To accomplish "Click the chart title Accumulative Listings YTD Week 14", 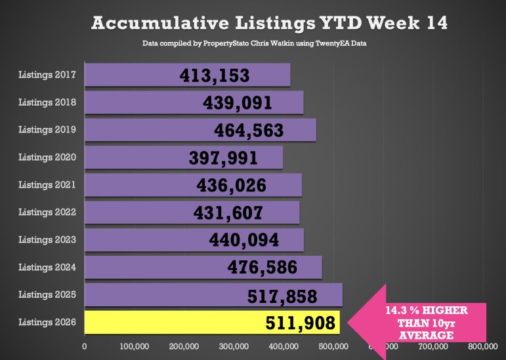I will click(x=269, y=23).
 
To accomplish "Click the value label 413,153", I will click(x=215, y=75).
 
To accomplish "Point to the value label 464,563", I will click(x=249, y=130).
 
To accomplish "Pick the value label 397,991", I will click(x=223, y=157).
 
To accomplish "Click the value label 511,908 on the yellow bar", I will click(x=301, y=323).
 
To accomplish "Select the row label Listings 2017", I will click(x=47, y=74).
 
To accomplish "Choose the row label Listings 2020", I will click(x=47, y=157).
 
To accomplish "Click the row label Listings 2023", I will click(x=47, y=239).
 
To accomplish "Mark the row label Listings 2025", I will click(x=47, y=294).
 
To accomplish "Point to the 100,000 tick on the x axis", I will click(x=134, y=346).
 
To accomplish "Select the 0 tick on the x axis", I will click(x=85, y=346).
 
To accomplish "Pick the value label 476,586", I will click(x=262, y=268).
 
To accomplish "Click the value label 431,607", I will click(x=228, y=212).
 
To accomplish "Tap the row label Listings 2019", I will click(x=47, y=129).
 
